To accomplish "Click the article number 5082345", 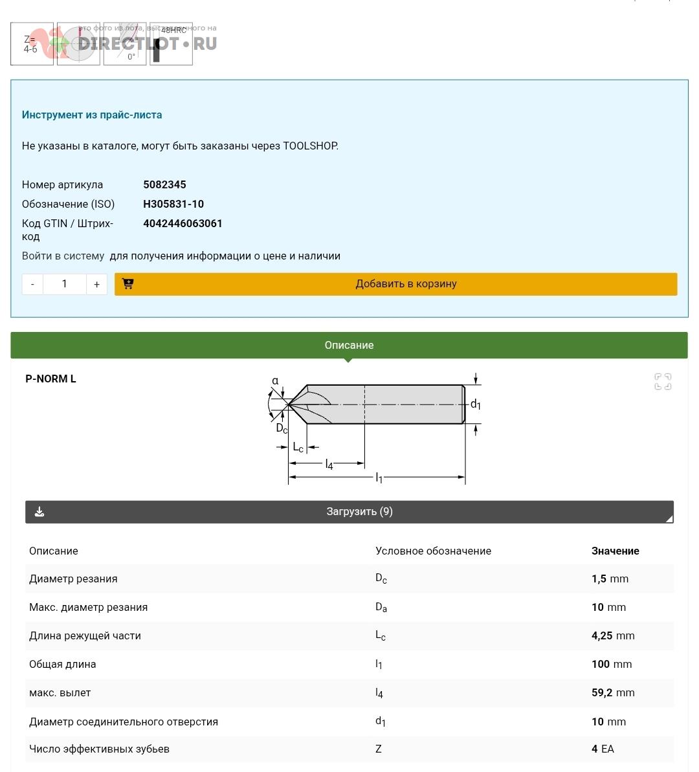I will coord(164,184).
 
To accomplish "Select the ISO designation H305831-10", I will coord(173,204).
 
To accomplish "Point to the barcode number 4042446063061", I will coord(183,223).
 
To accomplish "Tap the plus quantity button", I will coord(96,284).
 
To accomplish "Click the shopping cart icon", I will coord(128,283).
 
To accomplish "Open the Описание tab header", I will coord(349,345).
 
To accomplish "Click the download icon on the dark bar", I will coord(39,512).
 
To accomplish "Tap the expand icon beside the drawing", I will coord(663,382).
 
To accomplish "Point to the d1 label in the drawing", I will coord(476,404).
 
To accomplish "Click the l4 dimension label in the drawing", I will coord(329,464).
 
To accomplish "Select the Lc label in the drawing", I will coord(298,447).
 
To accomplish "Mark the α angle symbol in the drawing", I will coord(275,380).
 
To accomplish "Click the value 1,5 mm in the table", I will coord(610,579).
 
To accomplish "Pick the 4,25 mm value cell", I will coord(613,635).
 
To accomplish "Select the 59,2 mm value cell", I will coord(613,692).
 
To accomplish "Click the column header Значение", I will coord(615,551).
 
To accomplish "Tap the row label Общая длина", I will coord(62,664).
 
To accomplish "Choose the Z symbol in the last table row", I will coord(379,749).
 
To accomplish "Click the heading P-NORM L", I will coord(50,379).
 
